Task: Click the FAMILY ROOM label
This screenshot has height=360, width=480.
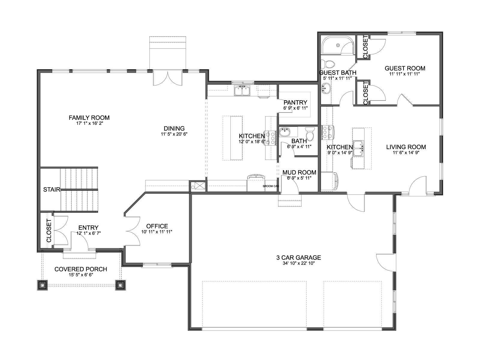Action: pos(89,118)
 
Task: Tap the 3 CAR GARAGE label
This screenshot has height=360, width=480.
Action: pos(298,257)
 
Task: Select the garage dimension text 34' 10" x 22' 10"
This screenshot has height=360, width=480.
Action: pos(298,263)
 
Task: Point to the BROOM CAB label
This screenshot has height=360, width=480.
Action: pos(271,186)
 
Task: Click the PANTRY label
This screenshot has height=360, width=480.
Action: pos(295,102)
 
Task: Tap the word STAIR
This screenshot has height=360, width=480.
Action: pos(52,190)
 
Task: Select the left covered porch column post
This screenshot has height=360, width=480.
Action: pos(42,285)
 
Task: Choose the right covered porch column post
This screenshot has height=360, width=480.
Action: pos(120,285)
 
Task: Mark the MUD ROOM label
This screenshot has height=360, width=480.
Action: pos(299,172)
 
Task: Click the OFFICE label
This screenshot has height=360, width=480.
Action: pos(157,226)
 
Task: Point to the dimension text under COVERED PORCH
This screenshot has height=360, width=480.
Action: pos(81,275)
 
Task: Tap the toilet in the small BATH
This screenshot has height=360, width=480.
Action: pos(310,134)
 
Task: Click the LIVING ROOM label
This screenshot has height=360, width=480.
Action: pos(406,147)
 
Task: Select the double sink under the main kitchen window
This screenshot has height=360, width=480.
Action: pos(242,91)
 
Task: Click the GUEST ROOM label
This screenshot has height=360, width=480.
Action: pos(405,68)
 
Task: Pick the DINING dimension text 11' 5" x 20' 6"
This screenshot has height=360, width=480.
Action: pos(174,134)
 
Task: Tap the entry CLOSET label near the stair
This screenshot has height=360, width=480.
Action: pos(49,231)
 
